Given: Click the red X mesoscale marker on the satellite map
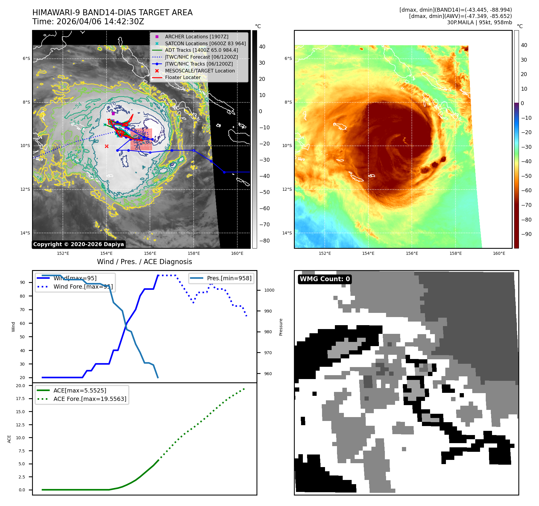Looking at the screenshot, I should coord(107,146).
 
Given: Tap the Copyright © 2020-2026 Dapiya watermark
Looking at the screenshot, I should coord(78,244).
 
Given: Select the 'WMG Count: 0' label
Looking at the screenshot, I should coord(325,279).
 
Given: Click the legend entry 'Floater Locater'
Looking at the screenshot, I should coord(183,78).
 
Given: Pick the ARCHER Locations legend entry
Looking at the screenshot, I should coord(196,37).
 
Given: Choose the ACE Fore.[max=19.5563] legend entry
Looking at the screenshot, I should coord(90,399).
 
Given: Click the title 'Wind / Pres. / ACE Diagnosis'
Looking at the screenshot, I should coord(144,262).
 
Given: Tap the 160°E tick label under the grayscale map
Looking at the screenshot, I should coord(237,254).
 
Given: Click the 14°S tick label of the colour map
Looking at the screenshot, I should coord(287,233).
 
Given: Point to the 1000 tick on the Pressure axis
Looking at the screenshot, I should coord(269,290).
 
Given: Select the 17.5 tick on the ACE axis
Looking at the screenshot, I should coord(20,399).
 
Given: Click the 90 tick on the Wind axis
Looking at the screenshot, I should coord(22,282).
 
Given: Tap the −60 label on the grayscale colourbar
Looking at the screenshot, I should coord(264,208).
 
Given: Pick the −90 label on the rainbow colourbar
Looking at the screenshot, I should coord(526,234).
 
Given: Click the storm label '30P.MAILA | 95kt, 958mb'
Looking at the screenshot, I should coord(479,22).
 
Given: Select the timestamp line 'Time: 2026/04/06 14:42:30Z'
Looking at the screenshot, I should coord(88,22).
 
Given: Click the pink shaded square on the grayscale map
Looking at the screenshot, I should coord(141,140).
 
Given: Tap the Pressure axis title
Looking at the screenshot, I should coord(281,327).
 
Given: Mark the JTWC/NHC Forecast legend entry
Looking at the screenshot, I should coord(201,57).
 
